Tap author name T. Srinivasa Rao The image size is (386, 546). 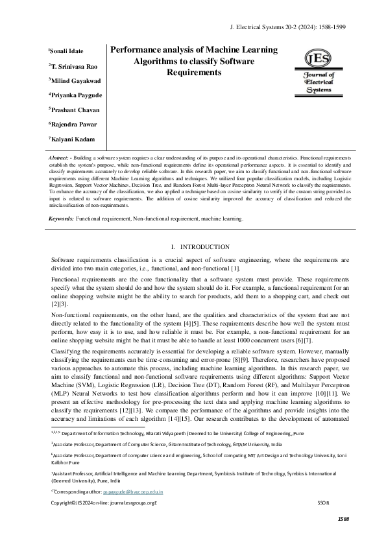74,65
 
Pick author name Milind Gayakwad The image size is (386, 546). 75,80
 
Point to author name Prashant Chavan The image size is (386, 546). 75,110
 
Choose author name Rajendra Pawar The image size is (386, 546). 73,124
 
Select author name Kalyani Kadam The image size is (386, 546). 72,139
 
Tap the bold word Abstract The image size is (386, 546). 62,158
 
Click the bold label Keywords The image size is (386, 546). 62,220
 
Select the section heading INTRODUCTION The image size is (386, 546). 199,246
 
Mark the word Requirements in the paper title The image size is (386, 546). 194,73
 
